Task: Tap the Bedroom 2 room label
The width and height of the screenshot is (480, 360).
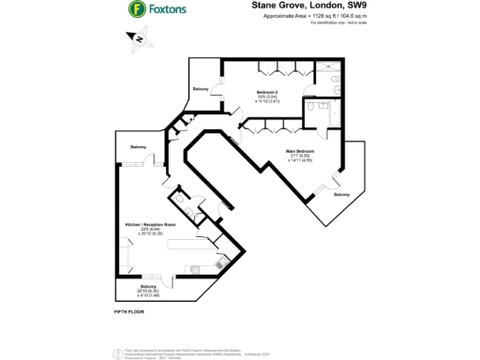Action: [267, 91]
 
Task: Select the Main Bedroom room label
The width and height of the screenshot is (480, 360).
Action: [300, 150]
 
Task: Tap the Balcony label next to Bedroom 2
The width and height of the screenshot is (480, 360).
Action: [201, 88]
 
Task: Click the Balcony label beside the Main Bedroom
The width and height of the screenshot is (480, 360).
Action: [341, 194]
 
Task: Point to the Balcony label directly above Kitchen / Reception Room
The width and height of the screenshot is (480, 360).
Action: [138, 147]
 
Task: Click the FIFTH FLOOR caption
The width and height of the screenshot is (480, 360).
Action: [127, 309]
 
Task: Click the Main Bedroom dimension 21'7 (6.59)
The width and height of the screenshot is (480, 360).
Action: [300, 156]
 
